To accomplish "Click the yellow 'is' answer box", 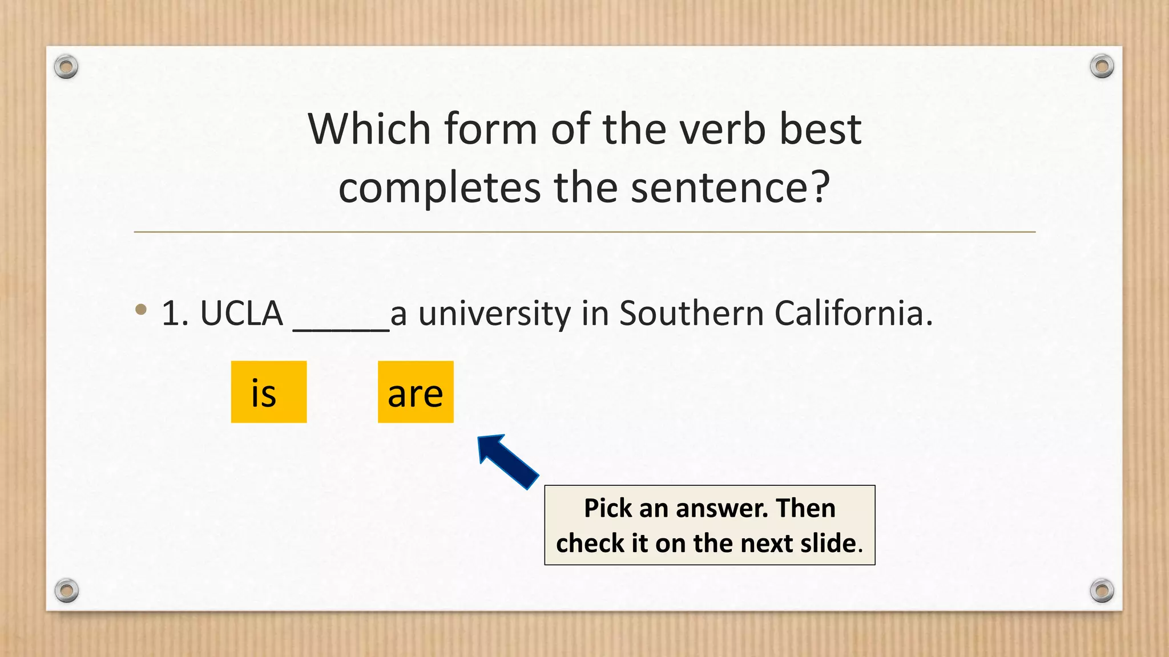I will pyautogui.click(x=269, y=392).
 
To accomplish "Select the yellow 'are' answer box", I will pyautogui.click(x=416, y=392).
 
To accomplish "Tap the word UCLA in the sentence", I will pyautogui.click(x=241, y=314).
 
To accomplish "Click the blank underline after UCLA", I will pyautogui.click(x=341, y=325).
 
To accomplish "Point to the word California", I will pyautogui.click(x=853, y=314).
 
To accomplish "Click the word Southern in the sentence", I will pyautogui.click(x=691, y=314).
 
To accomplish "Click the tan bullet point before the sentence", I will pyautogui.click(x=141, y=310).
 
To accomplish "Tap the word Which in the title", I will pyautogui.click(x=369, y=129).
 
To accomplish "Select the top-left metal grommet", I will pyautogui.click(x=66, y=67).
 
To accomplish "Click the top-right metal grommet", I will pyautogui.click(x=1102, y=67).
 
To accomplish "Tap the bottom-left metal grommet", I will pyautogui.click(x=66, y=590).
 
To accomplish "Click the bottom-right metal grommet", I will pyautogui.click(x=1102, y=590).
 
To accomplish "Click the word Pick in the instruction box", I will pyautogui.click(x=608, y=508).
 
